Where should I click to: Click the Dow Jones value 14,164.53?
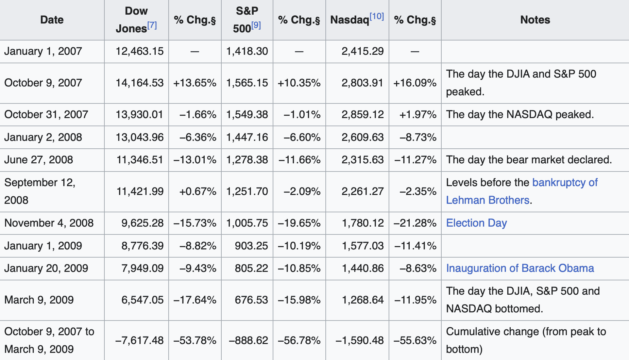coord(139,83)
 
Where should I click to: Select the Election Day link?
coord(476,223)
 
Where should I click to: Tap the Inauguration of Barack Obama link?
coord(520,268)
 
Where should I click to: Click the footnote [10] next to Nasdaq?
coord(377,16)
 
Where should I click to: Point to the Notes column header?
coord(535,20)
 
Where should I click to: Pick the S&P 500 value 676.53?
coord(251,300)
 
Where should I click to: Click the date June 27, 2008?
coord(38,160)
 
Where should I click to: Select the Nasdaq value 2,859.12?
coord(362,114)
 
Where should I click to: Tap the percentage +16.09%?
coord(415,83)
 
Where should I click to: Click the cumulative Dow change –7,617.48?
coord(139,340)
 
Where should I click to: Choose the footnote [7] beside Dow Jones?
coord(152,25)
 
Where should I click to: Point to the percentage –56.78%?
coord(299,340)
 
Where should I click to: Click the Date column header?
coord(52,20)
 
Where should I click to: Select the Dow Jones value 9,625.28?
coord(142,223)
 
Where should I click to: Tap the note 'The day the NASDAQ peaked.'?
coord(520,114)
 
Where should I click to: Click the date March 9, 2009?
coord(39,300)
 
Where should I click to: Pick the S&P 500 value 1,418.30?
coord(247,51)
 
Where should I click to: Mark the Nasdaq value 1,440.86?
coord(362,268)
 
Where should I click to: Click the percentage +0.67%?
coord(198,191)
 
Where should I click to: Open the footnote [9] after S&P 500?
coord(256,25)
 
